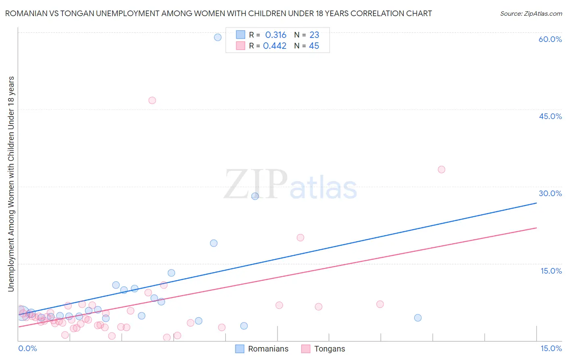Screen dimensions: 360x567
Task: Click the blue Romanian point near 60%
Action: coord(218,38)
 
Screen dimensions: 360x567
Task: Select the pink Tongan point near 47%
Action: coord(152,100)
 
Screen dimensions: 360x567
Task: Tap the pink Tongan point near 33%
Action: coord(442,170)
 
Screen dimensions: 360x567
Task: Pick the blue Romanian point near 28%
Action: coord(255,196)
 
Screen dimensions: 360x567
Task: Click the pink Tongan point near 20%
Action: coord(300,238)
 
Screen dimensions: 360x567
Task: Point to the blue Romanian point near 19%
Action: coord(214,243)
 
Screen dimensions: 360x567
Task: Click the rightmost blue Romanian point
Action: coord(418,318)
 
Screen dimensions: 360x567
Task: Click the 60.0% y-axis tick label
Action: coord(550,39)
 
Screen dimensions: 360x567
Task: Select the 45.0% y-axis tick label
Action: coord(550,116)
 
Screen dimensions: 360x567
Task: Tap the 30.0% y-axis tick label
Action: coord(550,193)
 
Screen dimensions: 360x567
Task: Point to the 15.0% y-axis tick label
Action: coord(551,271)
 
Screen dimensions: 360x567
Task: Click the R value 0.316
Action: coord(276,35)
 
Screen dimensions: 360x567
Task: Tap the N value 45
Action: coord(314,46)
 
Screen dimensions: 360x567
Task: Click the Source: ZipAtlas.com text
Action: coord(531,14)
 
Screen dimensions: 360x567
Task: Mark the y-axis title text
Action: coord(11,184)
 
